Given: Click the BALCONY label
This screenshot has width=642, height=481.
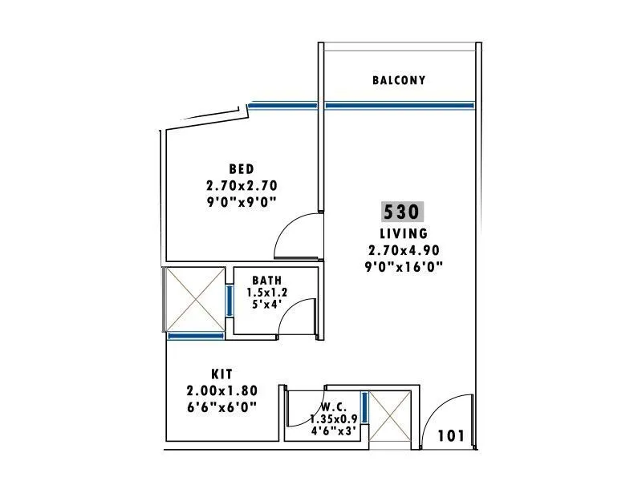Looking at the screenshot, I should [398, 80].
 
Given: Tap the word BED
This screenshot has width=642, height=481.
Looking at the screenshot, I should [241, 168].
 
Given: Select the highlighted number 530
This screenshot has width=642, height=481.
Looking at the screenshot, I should [402, 212].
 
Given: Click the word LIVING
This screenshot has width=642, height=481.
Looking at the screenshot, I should [403, 233].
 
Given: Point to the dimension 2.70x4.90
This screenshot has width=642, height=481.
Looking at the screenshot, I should [403, 249].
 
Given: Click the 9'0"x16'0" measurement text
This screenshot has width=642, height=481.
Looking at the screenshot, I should [403, 265].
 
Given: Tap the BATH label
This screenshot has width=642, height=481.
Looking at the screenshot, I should [266, 280].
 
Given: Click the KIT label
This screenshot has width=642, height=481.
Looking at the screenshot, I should [221, 374].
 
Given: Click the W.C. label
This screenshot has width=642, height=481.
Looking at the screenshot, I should [334, 406].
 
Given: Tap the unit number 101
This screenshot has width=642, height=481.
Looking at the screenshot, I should [451, 436].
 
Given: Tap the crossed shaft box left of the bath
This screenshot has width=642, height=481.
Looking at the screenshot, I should [193, 298].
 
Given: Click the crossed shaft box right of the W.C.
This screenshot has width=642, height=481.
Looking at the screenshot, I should [389, 417].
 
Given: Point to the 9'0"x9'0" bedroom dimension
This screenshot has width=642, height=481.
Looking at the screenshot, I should [241, 202].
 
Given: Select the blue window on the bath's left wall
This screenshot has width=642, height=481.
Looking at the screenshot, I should [229, 300].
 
